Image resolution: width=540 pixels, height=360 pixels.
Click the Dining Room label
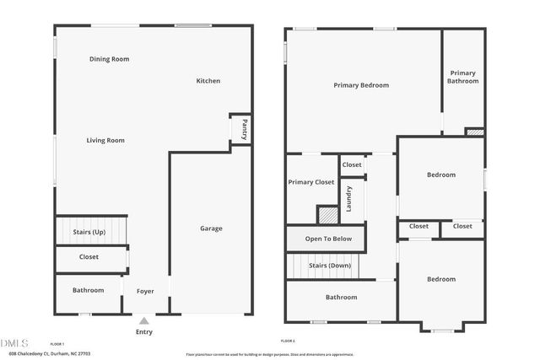coord(115,59)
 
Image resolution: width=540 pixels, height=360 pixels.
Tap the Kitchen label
coord(208,81)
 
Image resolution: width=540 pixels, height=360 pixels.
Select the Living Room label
coord(105,140)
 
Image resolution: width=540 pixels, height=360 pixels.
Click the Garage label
coord(211,228)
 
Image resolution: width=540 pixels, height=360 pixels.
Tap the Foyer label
coord(145,291)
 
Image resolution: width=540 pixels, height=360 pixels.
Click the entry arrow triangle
coord(144,320)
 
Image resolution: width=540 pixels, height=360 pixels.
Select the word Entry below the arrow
coord(144,331)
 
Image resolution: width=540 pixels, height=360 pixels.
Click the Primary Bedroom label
coord(361,85)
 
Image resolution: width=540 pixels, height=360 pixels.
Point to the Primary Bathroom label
coord(463,77)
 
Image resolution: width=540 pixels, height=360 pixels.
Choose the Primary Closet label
coord(311,182)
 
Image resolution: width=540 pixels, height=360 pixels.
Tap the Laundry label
coord(348,199)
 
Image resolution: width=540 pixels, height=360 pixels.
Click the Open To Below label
coord(325,239)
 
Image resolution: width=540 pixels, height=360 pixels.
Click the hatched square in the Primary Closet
coord(327,214)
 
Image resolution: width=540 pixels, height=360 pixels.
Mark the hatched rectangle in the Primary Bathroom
coord(475,132)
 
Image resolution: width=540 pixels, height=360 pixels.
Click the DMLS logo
coord(14,343)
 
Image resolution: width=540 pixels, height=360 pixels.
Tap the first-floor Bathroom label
coord(88,290)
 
